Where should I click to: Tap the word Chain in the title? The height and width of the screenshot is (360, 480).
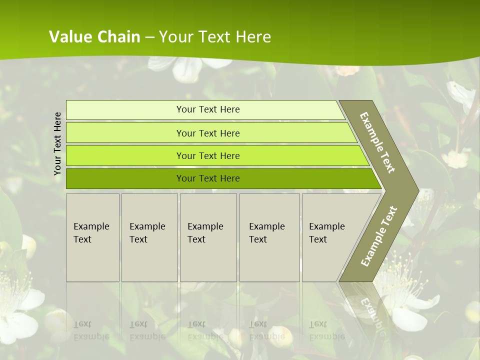(119, 37)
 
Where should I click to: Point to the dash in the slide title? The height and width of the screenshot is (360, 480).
(149, 37)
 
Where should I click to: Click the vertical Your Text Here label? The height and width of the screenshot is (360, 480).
(57, 144)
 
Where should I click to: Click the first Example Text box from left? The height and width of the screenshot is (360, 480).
(92, 237)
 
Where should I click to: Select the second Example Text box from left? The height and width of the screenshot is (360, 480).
(149, 237)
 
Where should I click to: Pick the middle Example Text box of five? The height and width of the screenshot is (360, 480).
(208, 237)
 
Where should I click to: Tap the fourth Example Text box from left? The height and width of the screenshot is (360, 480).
(269, 237)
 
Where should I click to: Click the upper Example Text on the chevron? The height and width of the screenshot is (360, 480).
(377, 142)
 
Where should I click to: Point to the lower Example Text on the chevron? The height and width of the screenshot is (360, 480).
(378, 236)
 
